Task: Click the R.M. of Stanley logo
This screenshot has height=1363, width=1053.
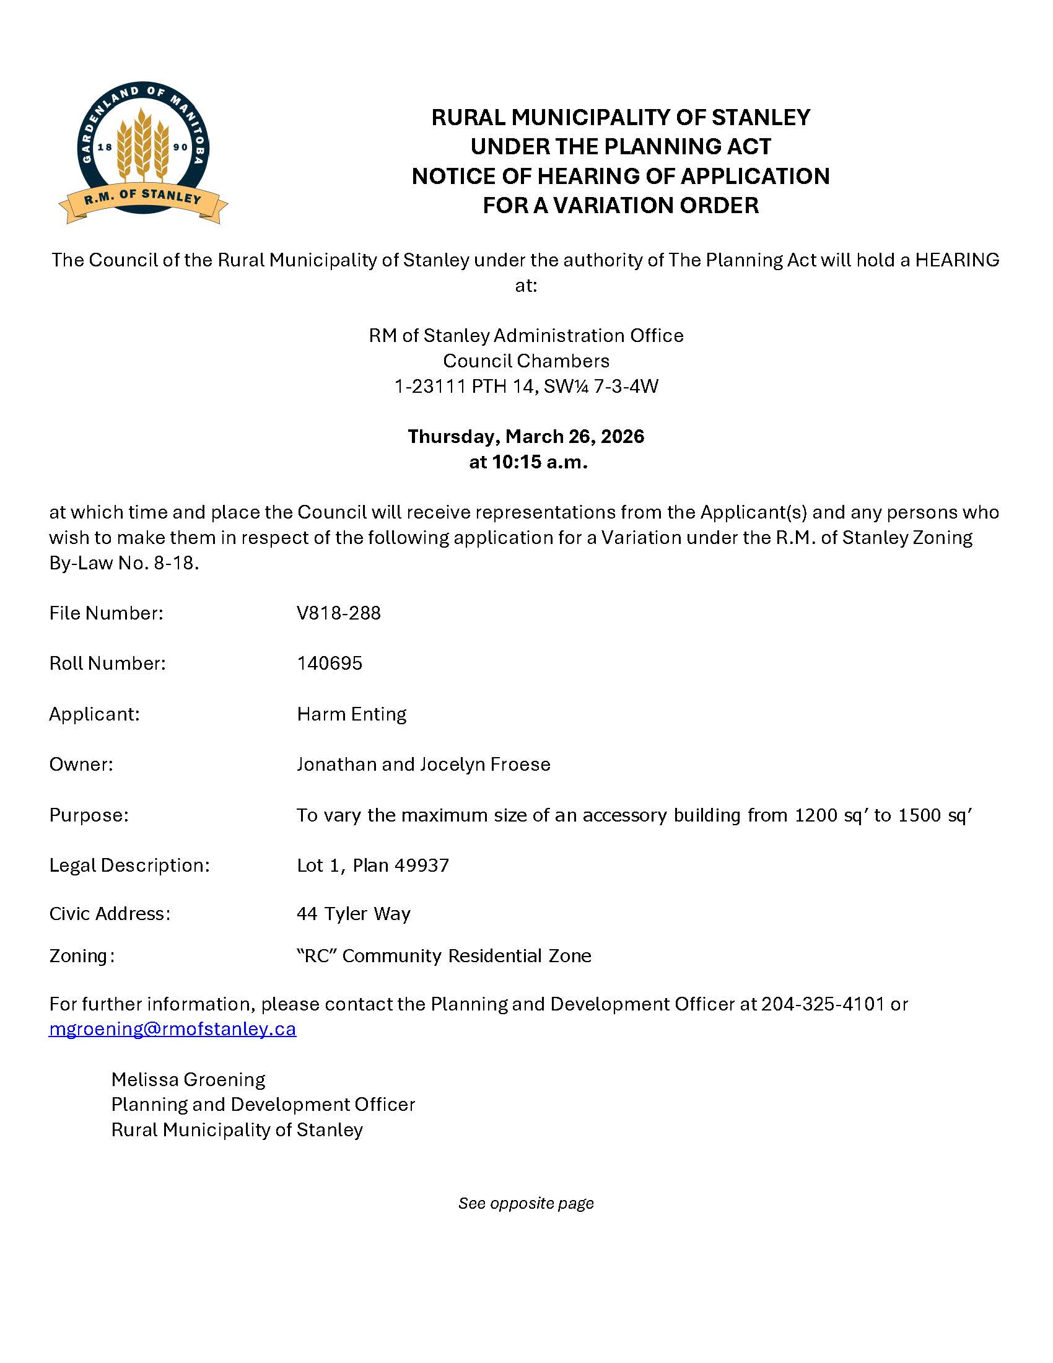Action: coord(144,152)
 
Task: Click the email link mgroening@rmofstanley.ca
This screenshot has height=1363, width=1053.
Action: coord(172,1029)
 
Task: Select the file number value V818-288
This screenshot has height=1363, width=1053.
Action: coord(339,613)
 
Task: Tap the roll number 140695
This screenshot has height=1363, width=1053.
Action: coord(330,663)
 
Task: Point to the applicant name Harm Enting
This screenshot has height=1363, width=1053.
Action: coord(351,714)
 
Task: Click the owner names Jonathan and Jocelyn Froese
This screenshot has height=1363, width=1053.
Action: coord(424,765)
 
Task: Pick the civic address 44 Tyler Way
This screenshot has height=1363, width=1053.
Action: coord(354,914)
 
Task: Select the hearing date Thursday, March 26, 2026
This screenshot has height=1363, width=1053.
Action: coord(526,436)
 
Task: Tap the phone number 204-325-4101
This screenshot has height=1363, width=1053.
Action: coord(822,1004)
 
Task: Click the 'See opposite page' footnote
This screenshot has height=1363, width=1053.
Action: coord(526,1203)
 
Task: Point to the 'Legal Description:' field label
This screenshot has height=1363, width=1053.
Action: coord(129,865)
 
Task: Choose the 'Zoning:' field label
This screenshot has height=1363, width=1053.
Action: coord(82,955)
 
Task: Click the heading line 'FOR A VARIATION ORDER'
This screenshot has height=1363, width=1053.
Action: coord(621,205)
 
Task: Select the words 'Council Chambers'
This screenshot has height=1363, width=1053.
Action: coord(526,361)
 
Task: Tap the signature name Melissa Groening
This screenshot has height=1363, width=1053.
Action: coord(188,1080)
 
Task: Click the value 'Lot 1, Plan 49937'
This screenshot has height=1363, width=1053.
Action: coord(373,865)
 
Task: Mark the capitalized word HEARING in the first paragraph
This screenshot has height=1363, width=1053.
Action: coord(957,260)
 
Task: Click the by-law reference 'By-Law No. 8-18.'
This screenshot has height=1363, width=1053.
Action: coord(124,563)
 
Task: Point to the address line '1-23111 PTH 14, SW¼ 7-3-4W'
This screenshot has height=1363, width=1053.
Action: coord(526,387)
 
